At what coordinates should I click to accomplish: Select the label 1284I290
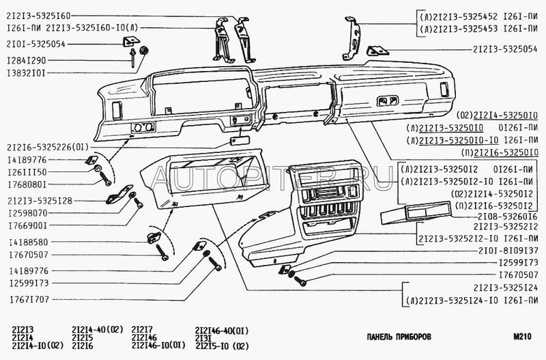(28, 60)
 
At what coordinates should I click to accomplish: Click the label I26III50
(28, 171)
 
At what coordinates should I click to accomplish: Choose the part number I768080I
(28, 184)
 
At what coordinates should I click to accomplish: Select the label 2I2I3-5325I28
(40, 201)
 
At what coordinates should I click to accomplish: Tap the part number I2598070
(28, 213)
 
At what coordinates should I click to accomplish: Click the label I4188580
(28, 242)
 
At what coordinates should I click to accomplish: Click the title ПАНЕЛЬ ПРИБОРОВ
(399, 337)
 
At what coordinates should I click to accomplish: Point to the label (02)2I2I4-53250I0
(485, 115)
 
